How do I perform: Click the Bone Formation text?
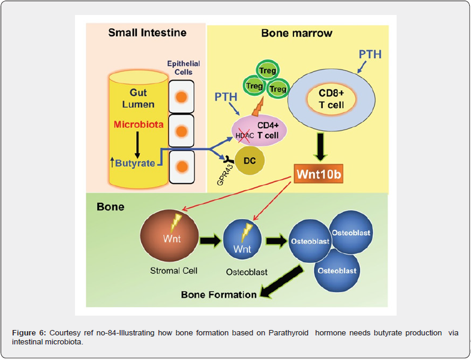(x=219, y=294)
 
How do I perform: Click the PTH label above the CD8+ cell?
(x=370, y=55)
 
